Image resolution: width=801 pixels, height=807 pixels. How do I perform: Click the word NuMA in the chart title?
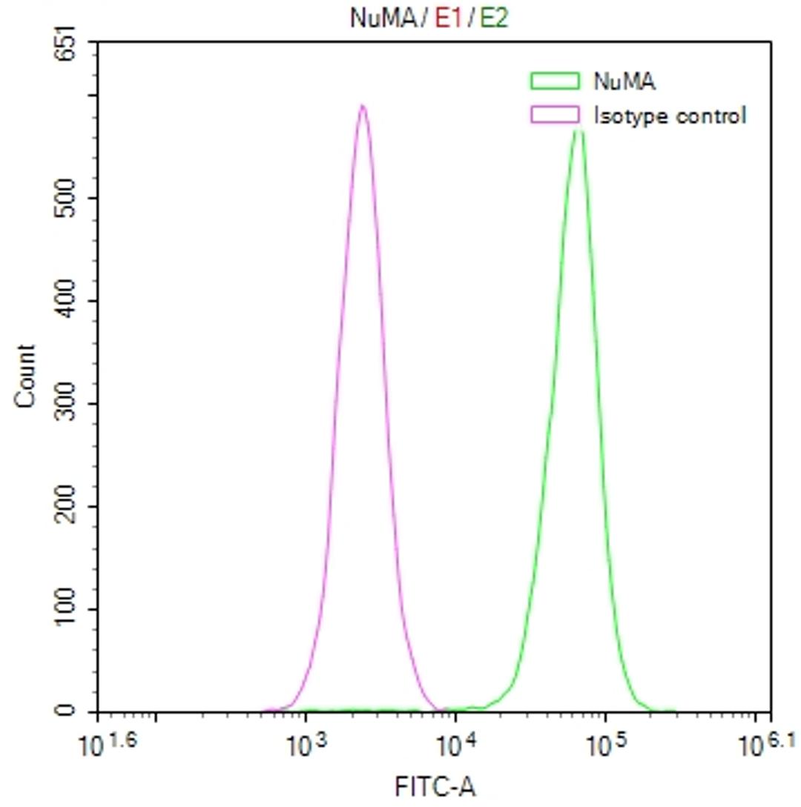tap(383, 19)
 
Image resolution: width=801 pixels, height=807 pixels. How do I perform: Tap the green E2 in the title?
tap(493, 19)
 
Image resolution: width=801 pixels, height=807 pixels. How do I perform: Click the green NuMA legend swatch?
tap(555, 80)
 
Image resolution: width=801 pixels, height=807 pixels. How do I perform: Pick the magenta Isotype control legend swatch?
tap(555, 115)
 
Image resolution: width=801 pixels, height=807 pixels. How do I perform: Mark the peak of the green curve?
tap(579, 132)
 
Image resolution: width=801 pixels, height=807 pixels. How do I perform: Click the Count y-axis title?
tap(24, 376)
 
